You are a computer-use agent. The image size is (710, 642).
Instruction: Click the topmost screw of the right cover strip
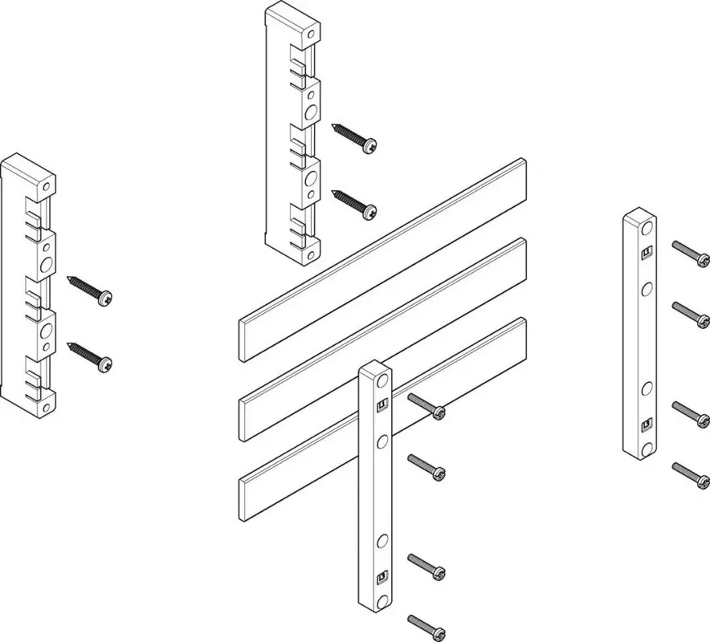[x=692, y=254]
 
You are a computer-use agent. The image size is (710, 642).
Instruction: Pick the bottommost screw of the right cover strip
[x=692, y=475]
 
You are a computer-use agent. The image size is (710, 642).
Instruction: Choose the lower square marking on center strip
[x=382, y=575]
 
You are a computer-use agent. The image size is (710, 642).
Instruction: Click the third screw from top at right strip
[x=692, y=411]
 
